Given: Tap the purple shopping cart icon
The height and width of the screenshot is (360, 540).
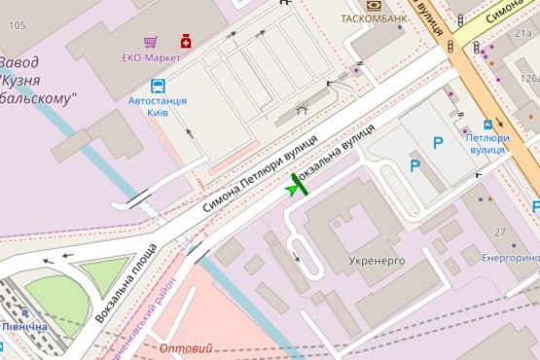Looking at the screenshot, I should tap(150, 42).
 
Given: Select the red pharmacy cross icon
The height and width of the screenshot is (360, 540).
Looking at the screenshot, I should tap(184, 41).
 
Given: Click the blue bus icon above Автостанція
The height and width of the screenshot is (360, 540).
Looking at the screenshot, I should tap(158, 86).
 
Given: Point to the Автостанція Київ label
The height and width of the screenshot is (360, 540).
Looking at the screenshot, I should tap(157, 106).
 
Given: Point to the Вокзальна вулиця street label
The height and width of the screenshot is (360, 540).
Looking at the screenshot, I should tap(337, 155).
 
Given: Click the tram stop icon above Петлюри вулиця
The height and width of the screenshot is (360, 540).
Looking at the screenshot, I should tap(487, 126).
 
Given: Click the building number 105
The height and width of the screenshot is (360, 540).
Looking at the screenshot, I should tap(16, 25).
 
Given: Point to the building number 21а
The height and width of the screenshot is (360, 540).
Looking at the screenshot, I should tap(524, 34).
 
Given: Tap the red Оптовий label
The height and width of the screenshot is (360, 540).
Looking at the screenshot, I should tap(184, 348).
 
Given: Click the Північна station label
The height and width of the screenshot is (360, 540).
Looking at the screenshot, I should tap(24, 326).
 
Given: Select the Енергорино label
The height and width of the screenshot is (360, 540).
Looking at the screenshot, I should tap(511, 258).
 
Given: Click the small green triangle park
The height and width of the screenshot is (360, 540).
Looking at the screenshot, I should tap(103, 273).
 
